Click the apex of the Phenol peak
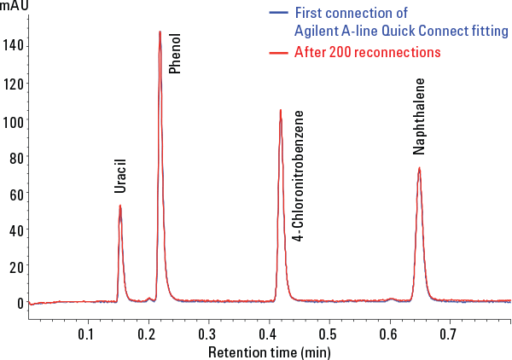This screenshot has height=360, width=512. coord(160,32)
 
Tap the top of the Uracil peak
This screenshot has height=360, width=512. coord(120,206)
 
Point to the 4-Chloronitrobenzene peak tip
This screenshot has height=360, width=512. coord(280,110)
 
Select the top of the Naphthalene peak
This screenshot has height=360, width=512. coord(419,168)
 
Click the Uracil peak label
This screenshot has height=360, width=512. coord(120,175)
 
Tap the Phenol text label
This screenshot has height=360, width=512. coord(175,55)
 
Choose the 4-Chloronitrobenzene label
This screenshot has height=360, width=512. coord(297,176)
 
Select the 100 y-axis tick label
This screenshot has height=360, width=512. coord(14,121)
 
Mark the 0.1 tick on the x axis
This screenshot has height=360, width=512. coord(85,334)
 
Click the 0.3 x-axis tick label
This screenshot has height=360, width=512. coord(207,334)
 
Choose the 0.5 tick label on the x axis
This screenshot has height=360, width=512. coord(328,334)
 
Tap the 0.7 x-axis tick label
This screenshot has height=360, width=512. coord(449,334)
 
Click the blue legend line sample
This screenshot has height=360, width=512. coord(278,13)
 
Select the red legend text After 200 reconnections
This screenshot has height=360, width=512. coord(367,52)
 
